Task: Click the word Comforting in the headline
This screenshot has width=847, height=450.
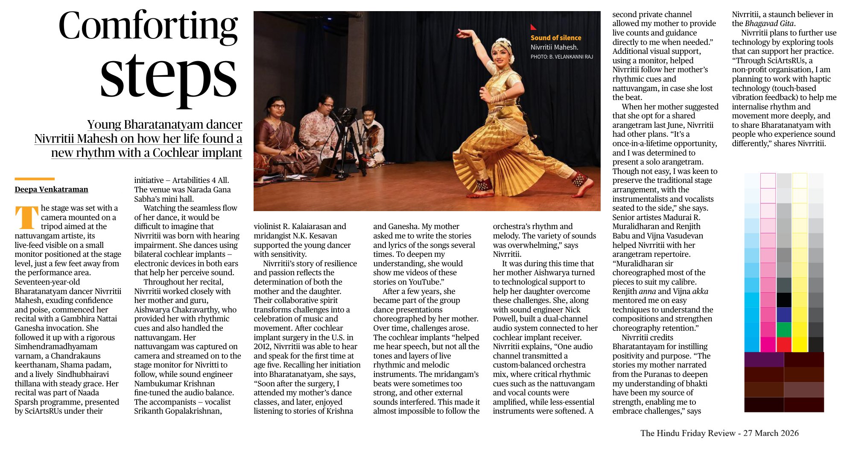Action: [148, 26]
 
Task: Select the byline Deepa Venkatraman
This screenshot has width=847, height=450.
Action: [51, 189]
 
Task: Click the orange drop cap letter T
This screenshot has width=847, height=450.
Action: [26, 217]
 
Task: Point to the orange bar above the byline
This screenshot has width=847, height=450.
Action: [35, 179]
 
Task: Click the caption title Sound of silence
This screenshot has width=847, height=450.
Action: [555, 38]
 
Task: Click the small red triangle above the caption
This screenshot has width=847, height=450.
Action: [533, 27]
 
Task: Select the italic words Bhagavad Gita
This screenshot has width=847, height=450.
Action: [770, 24]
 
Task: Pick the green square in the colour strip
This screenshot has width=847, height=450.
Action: [784, 329]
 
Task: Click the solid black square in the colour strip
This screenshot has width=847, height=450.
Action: [784, 300]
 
